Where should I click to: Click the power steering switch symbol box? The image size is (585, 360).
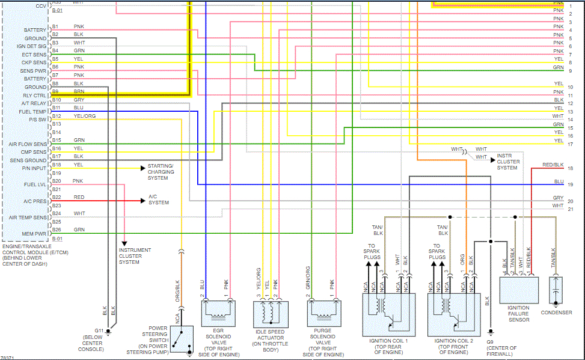click(182, 339)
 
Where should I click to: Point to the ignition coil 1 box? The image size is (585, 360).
click(388, 314)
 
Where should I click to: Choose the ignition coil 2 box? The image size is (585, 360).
click(454, 314)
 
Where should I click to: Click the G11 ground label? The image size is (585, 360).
click(99, 331)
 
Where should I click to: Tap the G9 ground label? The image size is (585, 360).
click(491, 341)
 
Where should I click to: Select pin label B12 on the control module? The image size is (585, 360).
click(56, 116)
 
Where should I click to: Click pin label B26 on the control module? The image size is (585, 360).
click(56, 230)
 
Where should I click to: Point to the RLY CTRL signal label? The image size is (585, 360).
click(35, 95)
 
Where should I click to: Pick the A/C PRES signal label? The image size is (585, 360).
click(35, 201)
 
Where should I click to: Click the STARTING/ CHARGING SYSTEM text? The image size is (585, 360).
click(161, 172)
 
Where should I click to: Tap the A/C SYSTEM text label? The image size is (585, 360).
click(159, 200)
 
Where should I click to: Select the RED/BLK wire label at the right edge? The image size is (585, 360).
click(553, 165)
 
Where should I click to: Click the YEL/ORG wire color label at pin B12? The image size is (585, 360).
click(85, 116)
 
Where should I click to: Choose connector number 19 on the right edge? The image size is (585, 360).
click(570, 185)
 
